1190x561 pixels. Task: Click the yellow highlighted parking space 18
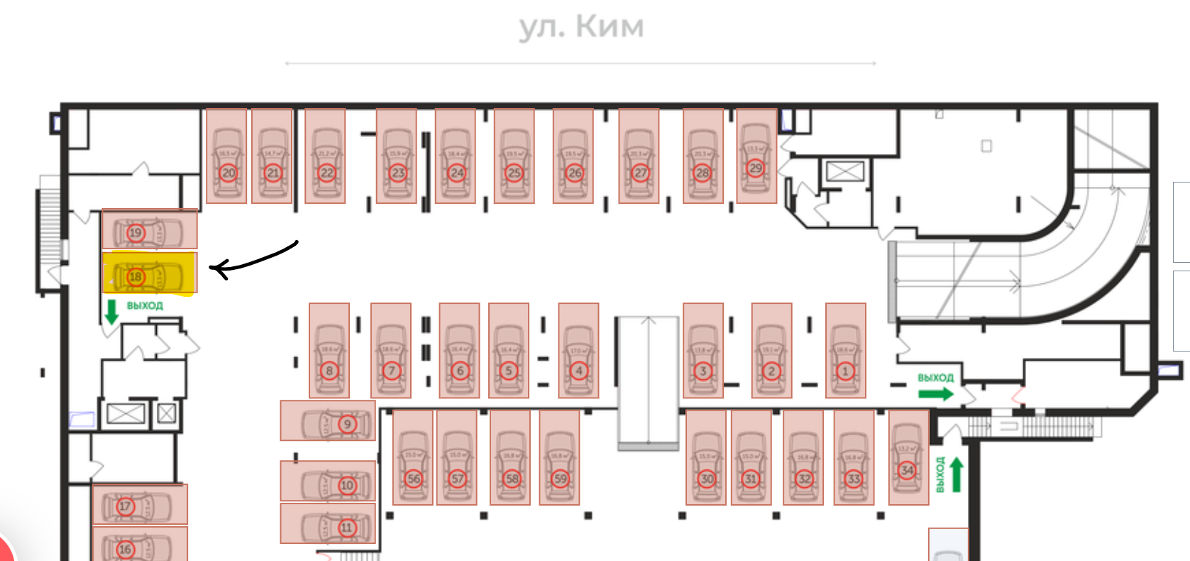[x=149, y=273]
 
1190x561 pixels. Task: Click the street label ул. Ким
[x=581, y=27]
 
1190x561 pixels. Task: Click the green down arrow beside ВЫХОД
[x=111, y=311]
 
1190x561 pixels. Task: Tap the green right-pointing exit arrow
[x=936, y=393]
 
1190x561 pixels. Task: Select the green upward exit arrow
[x=956, y=474]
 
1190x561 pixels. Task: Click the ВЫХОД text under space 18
[x=145, y=306]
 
